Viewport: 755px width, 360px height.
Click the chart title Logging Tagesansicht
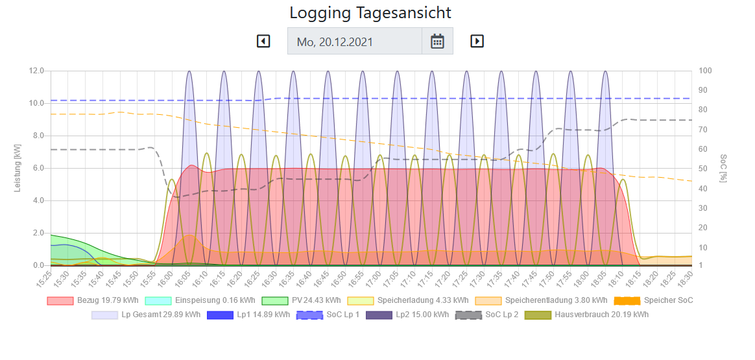click(370, 13)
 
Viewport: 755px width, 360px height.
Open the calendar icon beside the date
click(438, 42)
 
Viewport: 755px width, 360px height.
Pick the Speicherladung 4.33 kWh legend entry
click(407, 300)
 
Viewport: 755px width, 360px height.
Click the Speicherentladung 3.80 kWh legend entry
click(541, 300)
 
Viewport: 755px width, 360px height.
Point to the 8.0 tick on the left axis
click(36, 136)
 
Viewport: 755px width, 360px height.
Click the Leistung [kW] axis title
click(18, 168)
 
